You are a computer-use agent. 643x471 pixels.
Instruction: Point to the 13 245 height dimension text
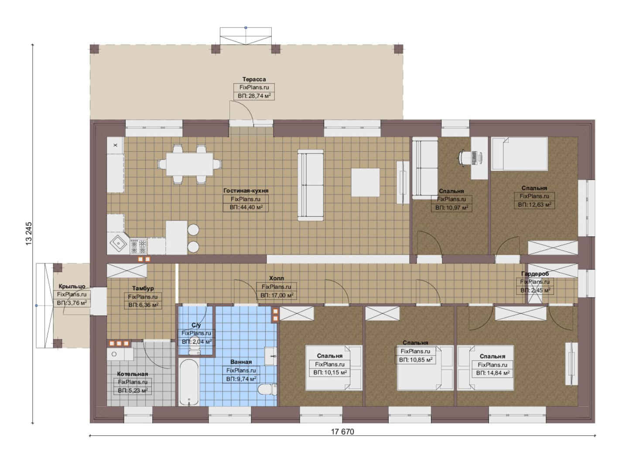point(29,234)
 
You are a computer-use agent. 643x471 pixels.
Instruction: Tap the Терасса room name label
point(254,79)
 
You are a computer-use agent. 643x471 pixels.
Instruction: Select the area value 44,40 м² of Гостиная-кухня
point(246,207)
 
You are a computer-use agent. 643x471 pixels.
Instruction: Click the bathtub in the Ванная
point(189,382)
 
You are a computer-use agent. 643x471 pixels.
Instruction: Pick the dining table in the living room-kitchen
point(190,164)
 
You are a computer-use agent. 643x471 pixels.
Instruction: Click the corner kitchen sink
point(118,244)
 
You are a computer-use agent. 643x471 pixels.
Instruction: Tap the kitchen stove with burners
point(138,246)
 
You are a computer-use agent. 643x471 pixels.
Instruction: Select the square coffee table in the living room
point(365,183)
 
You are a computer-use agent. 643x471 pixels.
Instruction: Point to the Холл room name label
point(277,278)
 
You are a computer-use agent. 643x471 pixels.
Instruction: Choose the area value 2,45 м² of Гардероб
point(535,290)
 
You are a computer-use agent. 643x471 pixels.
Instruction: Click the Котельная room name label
point(133,374)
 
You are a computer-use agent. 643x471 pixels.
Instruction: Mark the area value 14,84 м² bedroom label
point(493,373)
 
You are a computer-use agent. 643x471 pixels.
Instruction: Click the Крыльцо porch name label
point(72,286)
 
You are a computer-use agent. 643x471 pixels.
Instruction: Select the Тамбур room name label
point(143,288)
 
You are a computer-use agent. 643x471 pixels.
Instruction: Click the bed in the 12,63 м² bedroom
point(520,154)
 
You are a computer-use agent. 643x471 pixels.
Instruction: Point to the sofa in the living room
point(310,185)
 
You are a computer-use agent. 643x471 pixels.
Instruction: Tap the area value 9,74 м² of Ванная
point(241,379)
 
